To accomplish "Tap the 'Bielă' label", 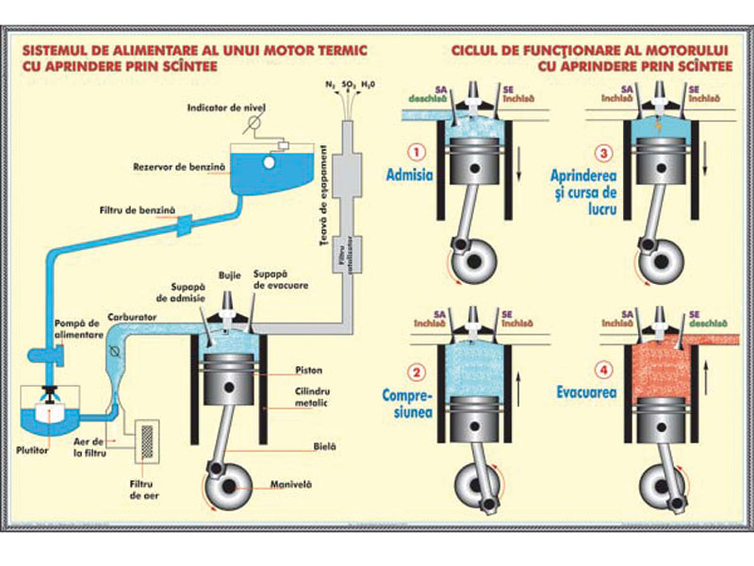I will pyautogui.click(x=298, y=440).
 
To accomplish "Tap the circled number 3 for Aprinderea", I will pyautogui.click(x=604, y=151).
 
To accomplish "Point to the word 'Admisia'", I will pyautogui.click(x=409, y=175).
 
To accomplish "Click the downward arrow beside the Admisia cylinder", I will pyautogui.click(x=516, y=172).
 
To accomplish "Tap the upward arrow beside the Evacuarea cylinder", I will pyautogui.click(x=706, y=388).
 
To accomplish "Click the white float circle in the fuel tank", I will pyautogui.click(x=270, y=163).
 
